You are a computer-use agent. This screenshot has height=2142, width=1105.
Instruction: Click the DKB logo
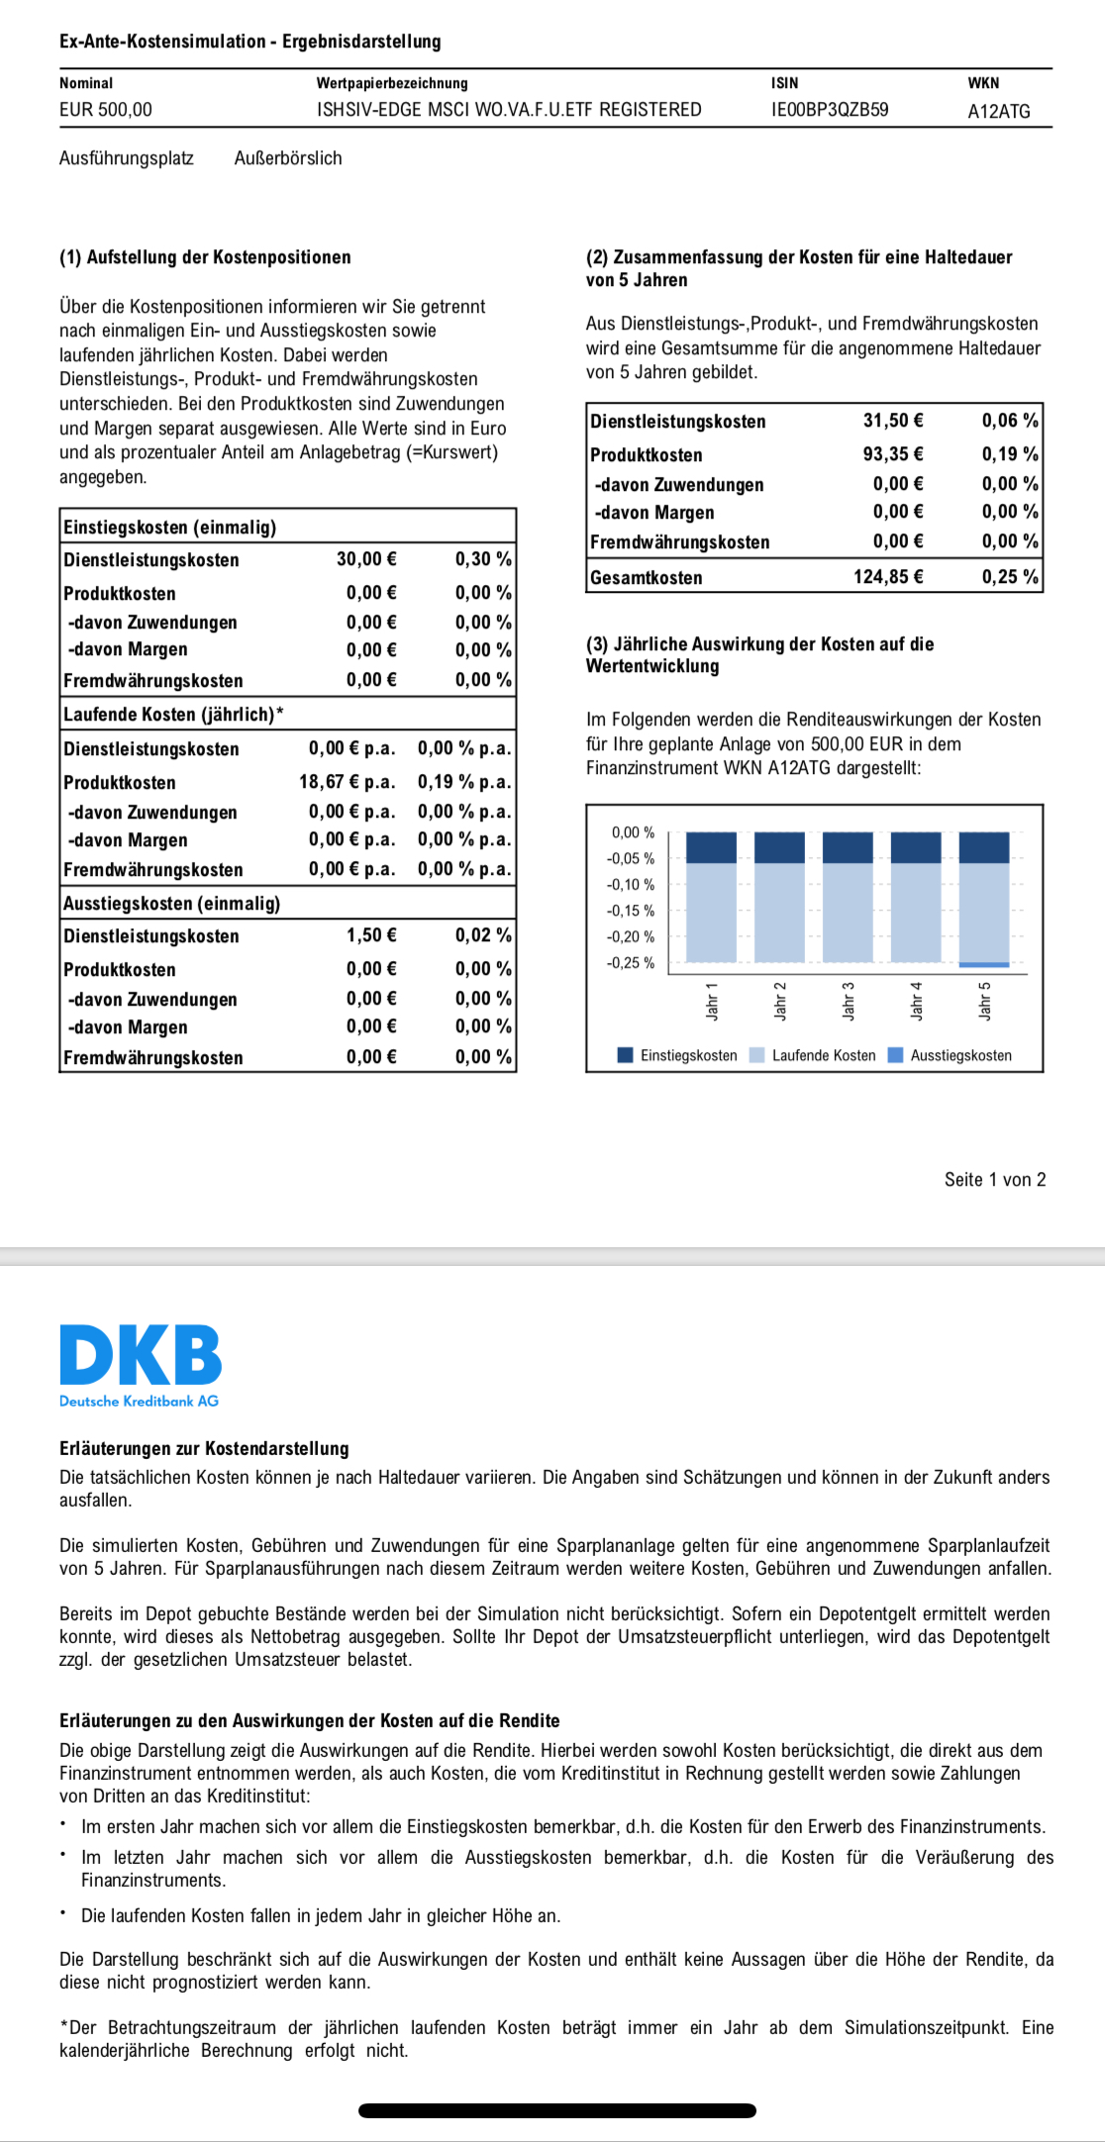tap(141, 1357)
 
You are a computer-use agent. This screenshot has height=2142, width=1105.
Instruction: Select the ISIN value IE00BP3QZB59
tap(830, 110)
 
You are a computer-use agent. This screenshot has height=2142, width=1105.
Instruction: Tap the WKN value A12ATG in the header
tap(998, 112)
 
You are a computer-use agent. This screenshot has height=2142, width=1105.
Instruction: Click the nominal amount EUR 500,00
tap(106, 110)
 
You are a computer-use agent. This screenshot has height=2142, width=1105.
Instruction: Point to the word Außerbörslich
tap(288, 158)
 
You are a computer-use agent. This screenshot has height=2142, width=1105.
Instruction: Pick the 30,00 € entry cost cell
tap(366, 559)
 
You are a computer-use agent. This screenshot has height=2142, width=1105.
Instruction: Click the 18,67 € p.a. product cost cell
tap(347, 782)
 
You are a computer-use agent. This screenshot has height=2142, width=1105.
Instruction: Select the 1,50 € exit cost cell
tap(371, 935)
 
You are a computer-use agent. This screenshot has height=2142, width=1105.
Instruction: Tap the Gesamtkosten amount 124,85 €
tap(888, 577)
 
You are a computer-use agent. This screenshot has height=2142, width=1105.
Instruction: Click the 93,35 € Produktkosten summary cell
tap(893, 454)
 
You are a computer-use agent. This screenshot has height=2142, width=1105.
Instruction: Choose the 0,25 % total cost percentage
tap(1010, 577)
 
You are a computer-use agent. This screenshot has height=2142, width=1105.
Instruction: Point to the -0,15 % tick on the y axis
tap(631, 911)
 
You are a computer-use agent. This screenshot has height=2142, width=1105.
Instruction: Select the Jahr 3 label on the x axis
tap(849, 1001)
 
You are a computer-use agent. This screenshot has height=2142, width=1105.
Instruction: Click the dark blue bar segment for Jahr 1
tap(711, 848)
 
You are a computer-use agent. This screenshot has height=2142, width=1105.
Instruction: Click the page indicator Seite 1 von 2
tap(994, 1180)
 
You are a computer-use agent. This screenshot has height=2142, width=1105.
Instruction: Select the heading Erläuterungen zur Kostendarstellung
tap(204, 1449)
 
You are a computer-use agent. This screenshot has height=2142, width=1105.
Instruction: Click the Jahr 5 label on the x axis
tap(985, 1001)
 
